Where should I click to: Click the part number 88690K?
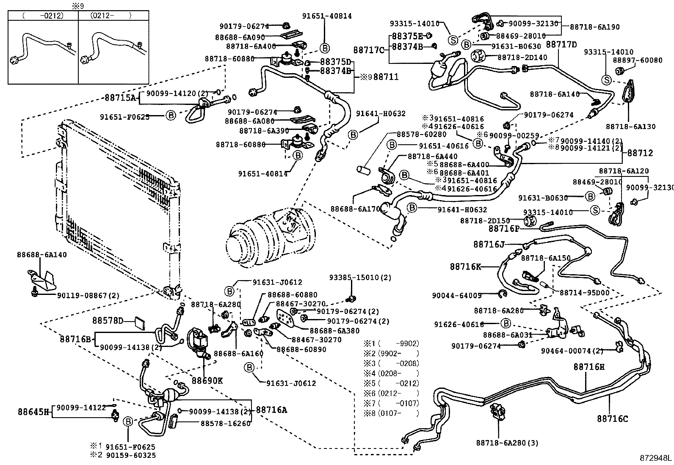pos(207,380)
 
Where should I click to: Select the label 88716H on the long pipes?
pos(589,367)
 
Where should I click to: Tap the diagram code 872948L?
pos(655,458)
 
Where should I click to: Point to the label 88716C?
pos(612,419)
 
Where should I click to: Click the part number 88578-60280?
pos(421,134)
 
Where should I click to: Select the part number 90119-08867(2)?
pos(88,295)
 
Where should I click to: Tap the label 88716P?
pos(503,228)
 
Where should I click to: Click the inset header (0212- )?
pos(111,16)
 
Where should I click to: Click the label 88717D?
pos(561,44)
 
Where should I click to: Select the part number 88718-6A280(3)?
pos(507,443)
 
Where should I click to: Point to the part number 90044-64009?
pos(456,295)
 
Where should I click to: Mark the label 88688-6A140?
pos(41,255)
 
